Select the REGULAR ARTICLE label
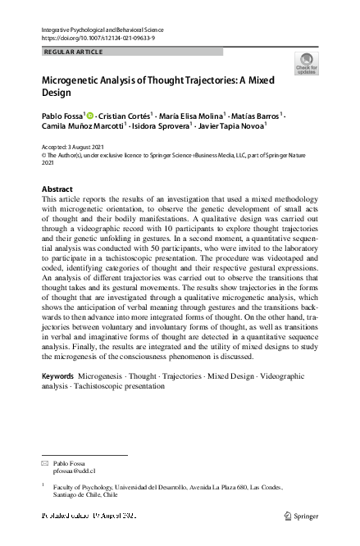click(x=72, y=52)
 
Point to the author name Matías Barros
click(x=254, y=118)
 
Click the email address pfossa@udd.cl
click(x=75, y=471)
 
